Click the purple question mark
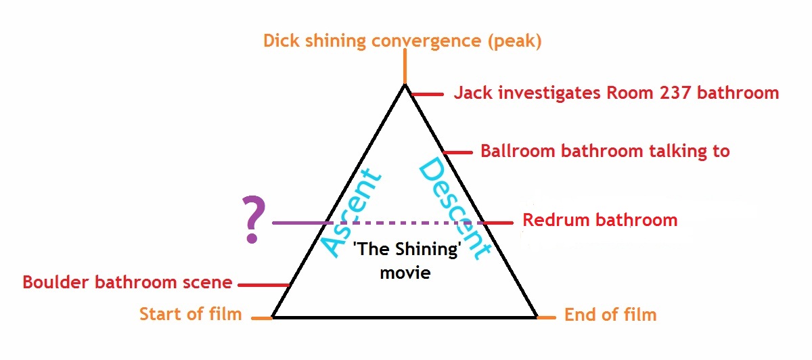tap(252, 220)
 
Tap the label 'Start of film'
tap(190, 314)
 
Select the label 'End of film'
tap(610, 315)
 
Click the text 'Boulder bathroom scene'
tap(127, 282)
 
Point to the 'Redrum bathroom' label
tap(600, 220)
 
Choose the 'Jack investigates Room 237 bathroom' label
tap(616, 93)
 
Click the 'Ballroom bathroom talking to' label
tap(605, 150)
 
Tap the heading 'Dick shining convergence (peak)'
tap(403, 41)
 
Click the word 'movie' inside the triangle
tap(405, 275)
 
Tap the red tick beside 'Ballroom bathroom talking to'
tap(457, 152)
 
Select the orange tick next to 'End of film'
tap(546, 317)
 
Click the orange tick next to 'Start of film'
tap(261, 317)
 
